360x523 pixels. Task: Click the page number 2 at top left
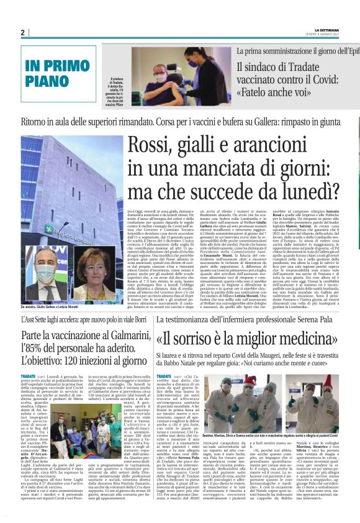pos(22,32)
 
